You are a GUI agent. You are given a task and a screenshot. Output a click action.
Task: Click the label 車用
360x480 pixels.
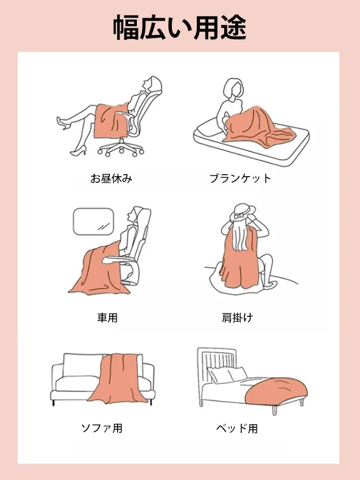point(107,317)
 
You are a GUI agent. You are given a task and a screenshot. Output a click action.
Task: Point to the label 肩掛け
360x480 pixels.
point(237,317)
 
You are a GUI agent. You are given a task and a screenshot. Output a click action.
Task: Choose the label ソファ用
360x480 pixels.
point(102,428)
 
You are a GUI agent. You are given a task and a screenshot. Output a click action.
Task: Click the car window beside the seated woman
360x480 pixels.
point(93,221)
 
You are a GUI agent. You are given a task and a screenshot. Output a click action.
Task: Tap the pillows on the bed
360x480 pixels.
point(228,374)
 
